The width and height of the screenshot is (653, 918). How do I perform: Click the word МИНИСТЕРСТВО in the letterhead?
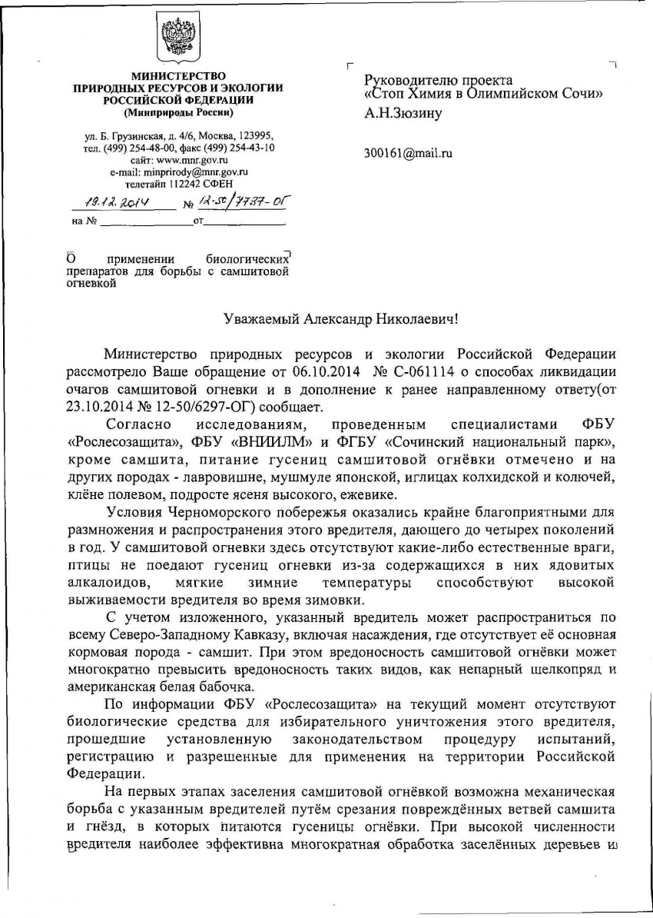(177, 77)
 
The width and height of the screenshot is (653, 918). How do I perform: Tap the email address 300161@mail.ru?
(408, 153)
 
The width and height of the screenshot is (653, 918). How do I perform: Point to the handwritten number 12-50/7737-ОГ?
(231, 203)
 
